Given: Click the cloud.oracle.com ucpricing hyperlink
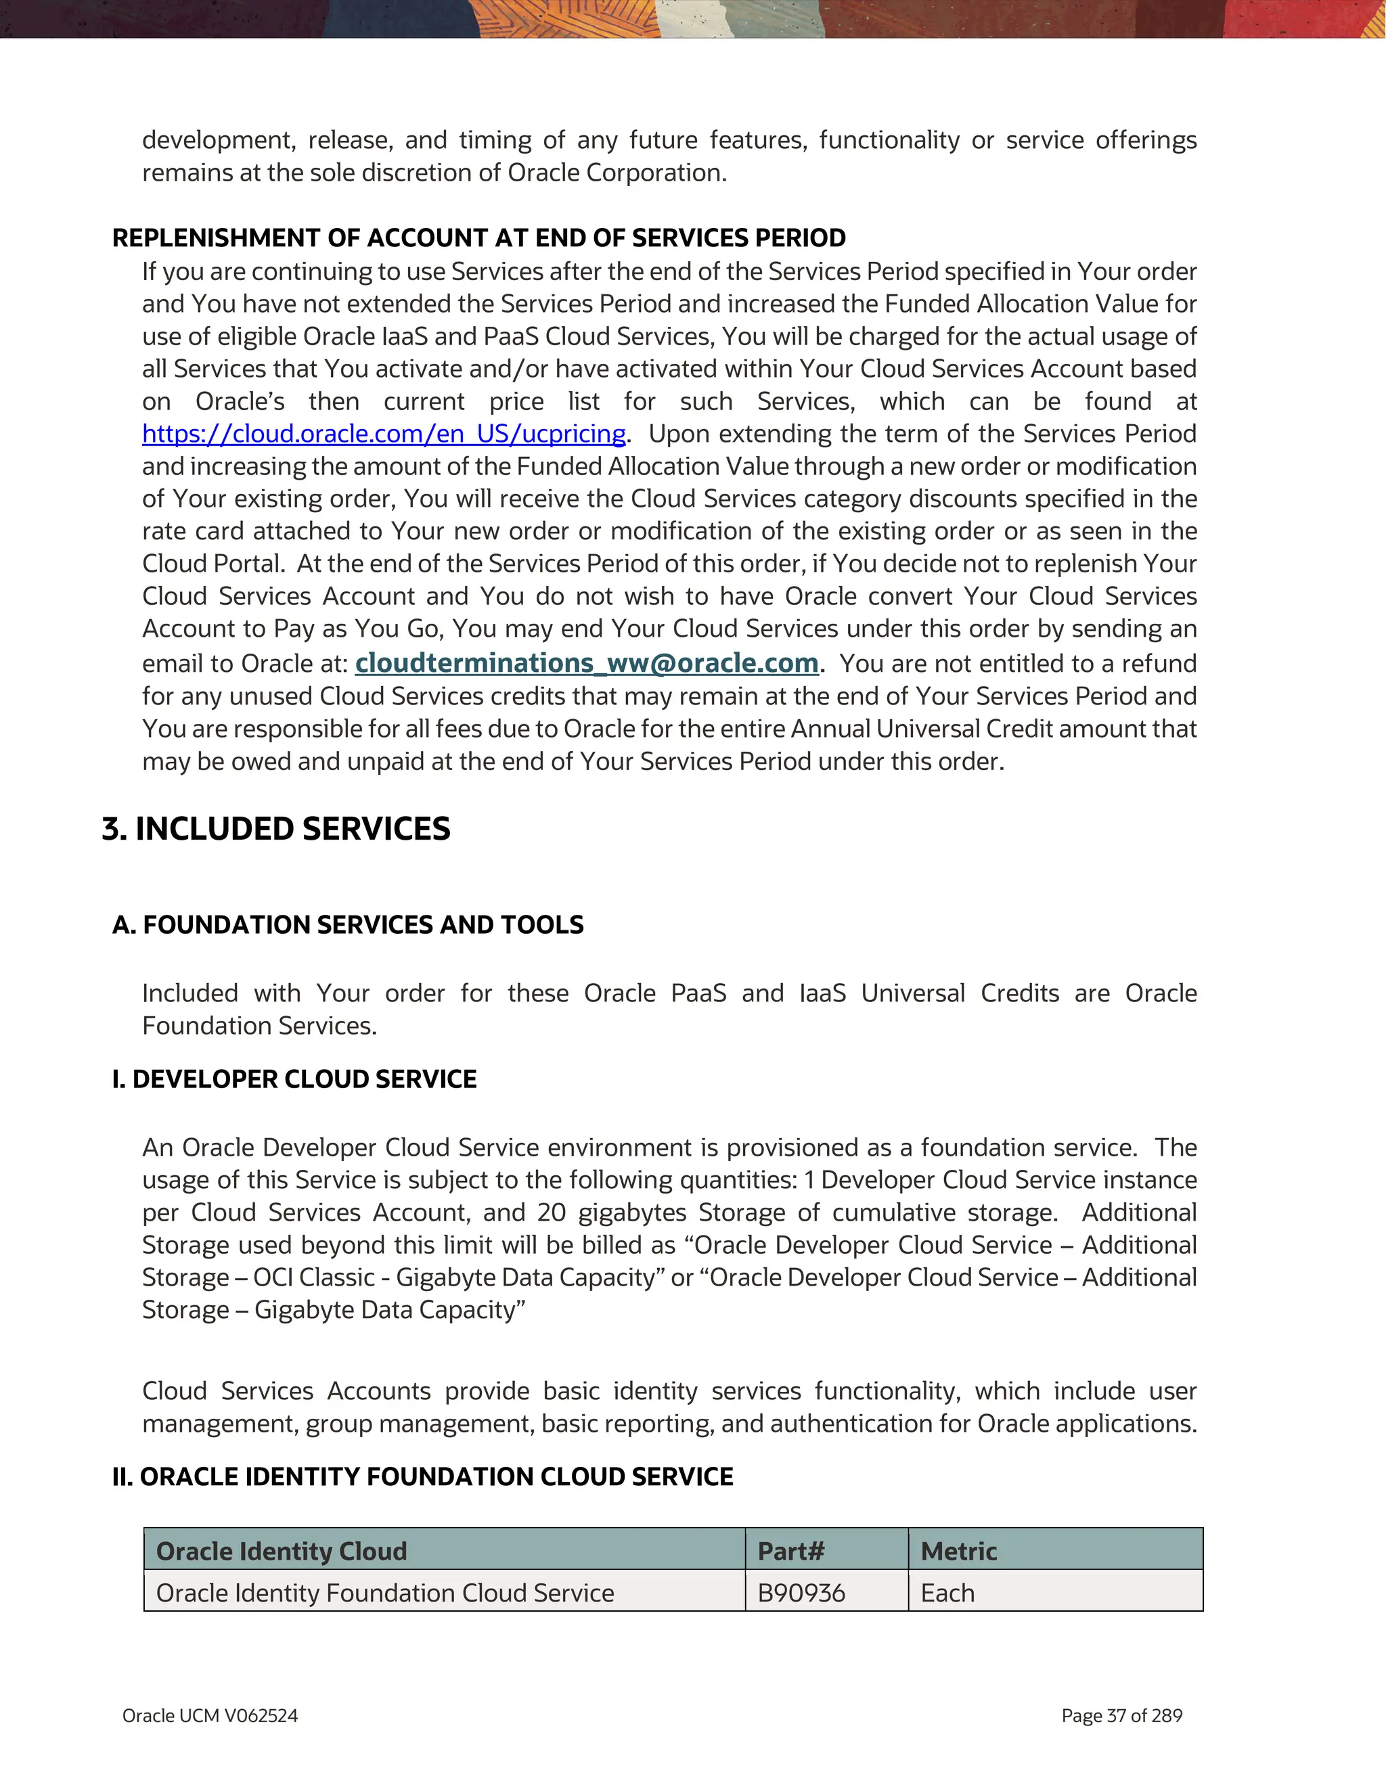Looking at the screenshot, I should [x=383, y=433].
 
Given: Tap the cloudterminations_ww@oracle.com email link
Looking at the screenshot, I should [x=587, y=662].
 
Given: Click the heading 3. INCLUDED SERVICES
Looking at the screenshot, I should [x=276, y=829].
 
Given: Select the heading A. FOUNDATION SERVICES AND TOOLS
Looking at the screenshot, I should [x=348, y=925].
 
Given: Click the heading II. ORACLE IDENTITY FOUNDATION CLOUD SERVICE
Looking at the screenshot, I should [x=423, y=1476].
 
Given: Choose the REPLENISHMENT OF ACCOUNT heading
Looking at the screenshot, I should [x=478, y=237].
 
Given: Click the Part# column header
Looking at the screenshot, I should [x=790, y=1551].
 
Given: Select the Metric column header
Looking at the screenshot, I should [x=958, y=1551].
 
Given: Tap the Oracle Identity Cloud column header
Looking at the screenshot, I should [x=281, y=1551].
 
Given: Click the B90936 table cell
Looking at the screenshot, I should [x=801, y=1592].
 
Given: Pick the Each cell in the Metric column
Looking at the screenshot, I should [x=947, y=1592].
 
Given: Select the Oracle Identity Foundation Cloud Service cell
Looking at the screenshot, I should [x=385, y=1592].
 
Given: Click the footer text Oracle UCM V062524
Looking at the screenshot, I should [x=210, y=1715].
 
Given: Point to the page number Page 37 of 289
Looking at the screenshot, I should [x=1121, y=1715].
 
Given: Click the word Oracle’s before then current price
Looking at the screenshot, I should [x=240, y=401].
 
